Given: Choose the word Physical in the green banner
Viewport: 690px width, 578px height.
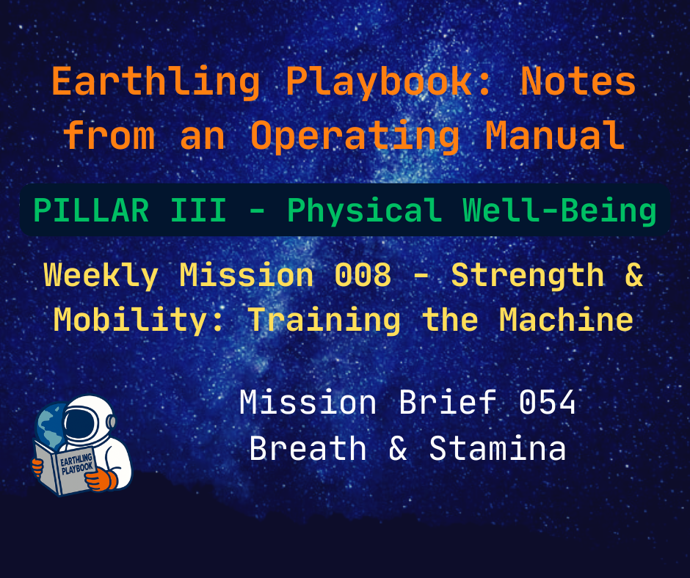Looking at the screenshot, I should point(364,211).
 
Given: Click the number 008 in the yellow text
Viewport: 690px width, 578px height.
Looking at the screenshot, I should point(362,276).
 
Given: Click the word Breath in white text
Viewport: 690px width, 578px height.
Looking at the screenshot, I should point(308,448).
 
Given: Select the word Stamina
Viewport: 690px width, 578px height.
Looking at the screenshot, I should point(497,448).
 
